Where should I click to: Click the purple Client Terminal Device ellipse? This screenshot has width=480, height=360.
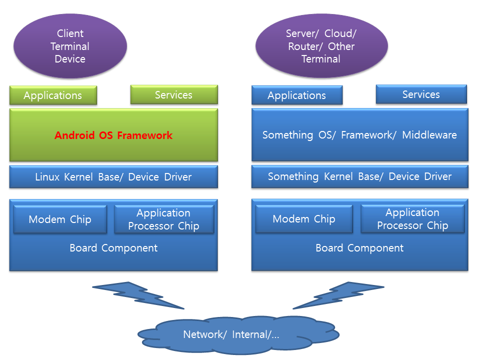click(70, 46)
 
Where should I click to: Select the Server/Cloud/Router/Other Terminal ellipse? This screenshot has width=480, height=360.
click(321, 46)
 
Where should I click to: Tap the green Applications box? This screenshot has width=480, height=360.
click(53, 95)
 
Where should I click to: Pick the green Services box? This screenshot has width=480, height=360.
click(174, 94)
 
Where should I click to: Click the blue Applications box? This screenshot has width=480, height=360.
click(297, 95)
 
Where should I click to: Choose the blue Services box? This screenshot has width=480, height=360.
click(421, 94)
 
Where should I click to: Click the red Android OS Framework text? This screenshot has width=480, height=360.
click(113, 135)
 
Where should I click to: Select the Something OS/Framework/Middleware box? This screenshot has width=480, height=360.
click(359, 134)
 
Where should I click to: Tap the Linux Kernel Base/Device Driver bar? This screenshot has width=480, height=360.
click(113, 176)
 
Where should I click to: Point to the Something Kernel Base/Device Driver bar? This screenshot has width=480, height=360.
click(359, 176)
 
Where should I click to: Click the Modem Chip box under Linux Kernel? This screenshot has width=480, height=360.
click(60, 219)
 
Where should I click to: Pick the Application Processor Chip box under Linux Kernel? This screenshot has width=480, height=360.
click(164, 219)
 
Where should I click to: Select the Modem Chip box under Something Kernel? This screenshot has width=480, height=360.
click(304, 219)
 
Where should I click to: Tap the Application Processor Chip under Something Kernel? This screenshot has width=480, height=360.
click(412, 219)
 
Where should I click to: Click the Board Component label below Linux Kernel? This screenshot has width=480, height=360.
click(113, 248)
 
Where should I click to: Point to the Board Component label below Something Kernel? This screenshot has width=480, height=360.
click(359, 248)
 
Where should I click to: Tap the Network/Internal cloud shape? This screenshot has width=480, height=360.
click(238, 335)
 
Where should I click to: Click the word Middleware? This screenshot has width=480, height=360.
click(429, 135)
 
